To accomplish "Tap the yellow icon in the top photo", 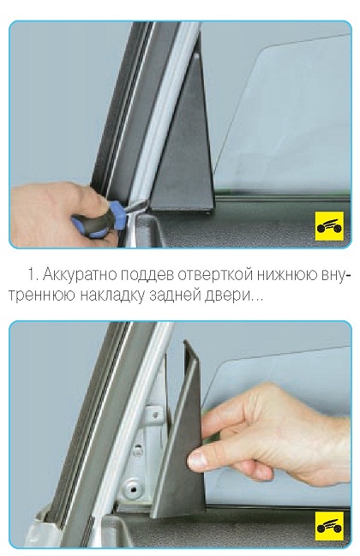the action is click(329, 226).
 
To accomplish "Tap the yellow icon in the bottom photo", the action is click(329, 526).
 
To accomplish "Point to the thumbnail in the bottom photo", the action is click(197, 460).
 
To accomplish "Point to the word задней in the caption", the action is click(175, 296).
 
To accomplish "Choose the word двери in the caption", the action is click(226, 296).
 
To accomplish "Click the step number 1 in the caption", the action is click(33, 275).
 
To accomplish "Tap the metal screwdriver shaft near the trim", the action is click(135, 206).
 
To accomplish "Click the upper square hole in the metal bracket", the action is click(155, 413).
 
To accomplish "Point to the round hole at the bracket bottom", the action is click(134, 487).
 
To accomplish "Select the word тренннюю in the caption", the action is click(42, 296).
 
